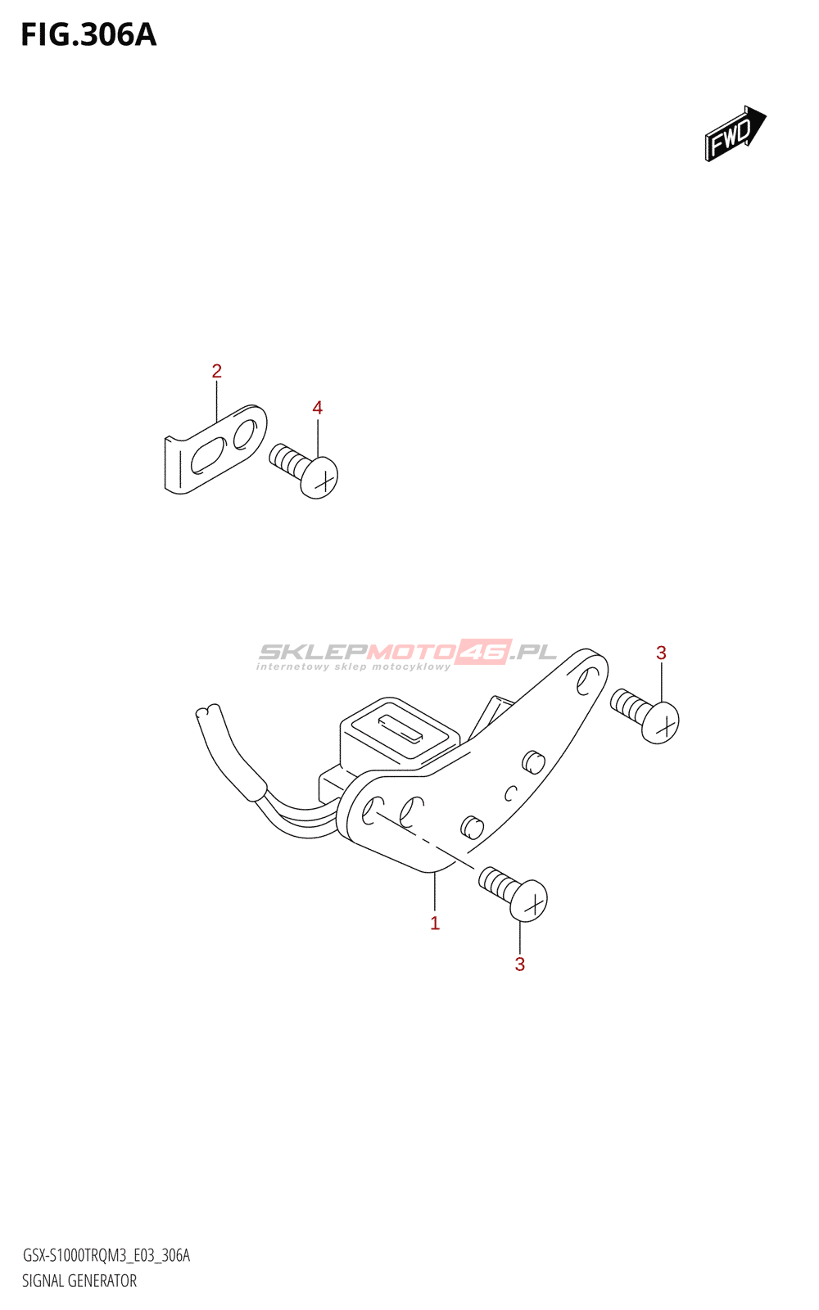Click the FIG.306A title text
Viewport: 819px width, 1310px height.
pos(88,35)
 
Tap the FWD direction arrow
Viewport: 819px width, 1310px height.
pos(735,133)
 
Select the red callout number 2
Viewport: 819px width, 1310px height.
pos(216,371)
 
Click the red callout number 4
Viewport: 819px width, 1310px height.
pos(317,408)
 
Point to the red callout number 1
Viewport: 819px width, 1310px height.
pos(435,924)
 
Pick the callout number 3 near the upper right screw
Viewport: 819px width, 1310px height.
pos(661,653)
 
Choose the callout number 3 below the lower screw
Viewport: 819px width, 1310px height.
pos(519,964)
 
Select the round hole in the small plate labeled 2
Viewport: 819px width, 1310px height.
pos(245,434)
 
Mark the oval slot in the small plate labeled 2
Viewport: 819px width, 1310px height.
pos(206,455)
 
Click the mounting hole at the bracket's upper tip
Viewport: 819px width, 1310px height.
pos(587,680)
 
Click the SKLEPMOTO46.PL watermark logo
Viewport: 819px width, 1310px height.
pos(407,652)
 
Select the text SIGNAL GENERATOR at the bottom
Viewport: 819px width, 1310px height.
pos(79,1281)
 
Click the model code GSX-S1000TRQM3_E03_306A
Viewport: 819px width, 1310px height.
pos(106,1256)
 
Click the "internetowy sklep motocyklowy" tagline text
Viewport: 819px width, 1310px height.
pos(353,667)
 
